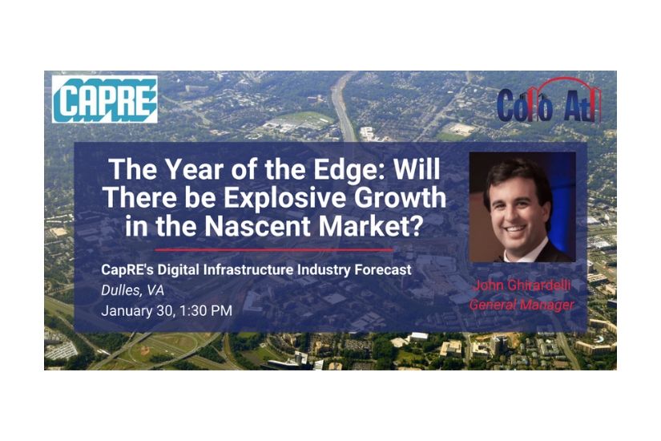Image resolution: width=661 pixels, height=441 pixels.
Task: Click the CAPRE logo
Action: [104, 99]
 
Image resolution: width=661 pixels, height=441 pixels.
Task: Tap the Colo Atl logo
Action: [549, 100]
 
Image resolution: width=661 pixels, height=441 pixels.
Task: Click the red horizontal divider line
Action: [274, 250]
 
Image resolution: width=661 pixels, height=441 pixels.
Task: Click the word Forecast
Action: [383, 269]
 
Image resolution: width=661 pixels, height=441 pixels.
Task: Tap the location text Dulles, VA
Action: [132, 290]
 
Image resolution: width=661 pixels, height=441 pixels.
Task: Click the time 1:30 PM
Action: [206, 310]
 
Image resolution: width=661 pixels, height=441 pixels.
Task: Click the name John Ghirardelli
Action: [522, 285]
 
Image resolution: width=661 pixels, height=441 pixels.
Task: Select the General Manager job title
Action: [522, 304]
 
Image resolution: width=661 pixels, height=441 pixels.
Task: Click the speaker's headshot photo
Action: [522, 207]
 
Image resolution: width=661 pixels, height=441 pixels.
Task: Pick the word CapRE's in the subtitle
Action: [127, 269]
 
